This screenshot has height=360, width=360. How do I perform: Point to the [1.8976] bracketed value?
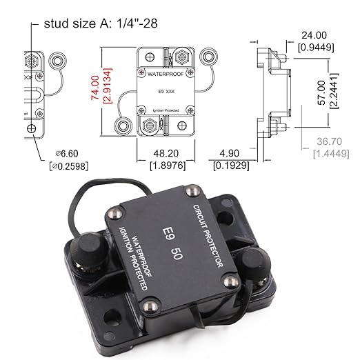pyautogui.click(x=161, y=166)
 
